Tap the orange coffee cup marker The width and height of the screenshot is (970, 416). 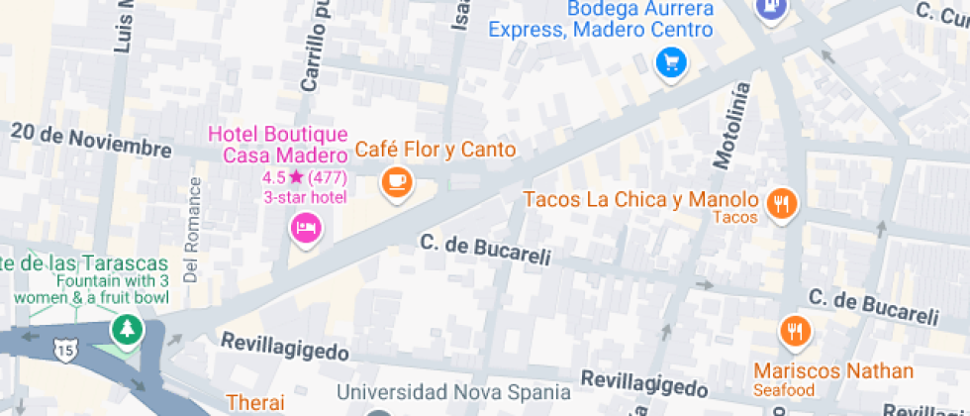[x=397, y=181]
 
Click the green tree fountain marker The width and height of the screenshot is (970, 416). [x=127, y=328]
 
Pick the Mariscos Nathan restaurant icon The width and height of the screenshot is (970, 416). [x=794, y=330]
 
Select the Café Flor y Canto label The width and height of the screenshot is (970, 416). [x=436, y=151]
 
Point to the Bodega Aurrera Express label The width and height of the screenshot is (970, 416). [x=601, y=19]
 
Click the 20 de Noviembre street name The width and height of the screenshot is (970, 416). [x=91, y=140]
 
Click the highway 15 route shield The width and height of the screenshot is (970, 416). [x=66, y=351]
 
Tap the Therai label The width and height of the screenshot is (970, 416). [x=255, y=402]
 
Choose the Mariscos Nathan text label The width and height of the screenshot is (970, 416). [x=833, y=371]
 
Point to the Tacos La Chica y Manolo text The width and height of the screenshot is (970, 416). [x=640, y=200]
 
